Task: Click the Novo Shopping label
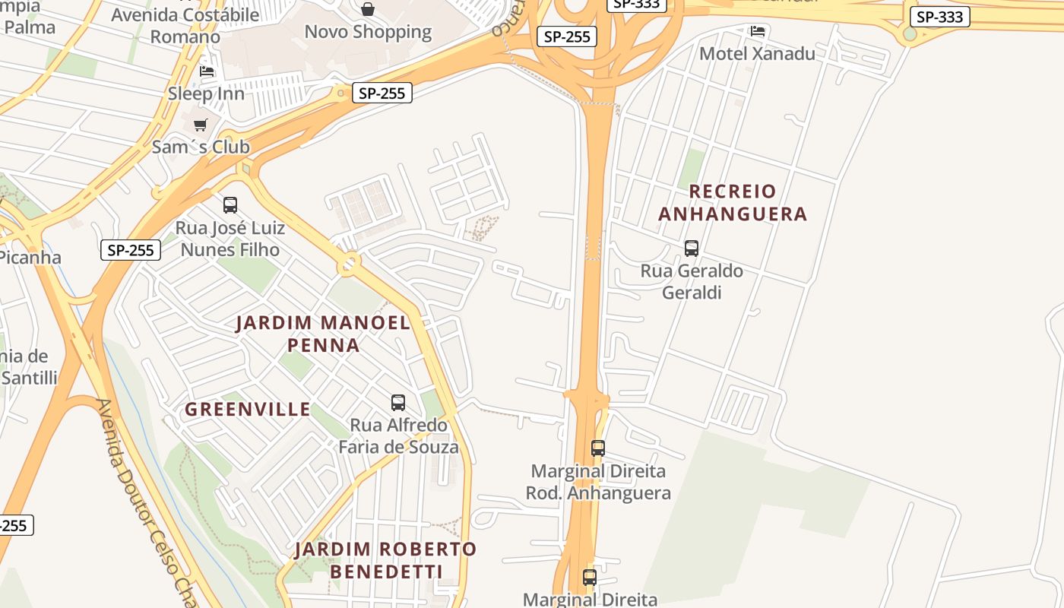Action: pos(368,32)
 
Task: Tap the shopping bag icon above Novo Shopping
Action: pos(368,9)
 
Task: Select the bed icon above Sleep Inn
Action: pos(206,72)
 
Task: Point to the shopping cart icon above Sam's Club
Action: pos(200,125)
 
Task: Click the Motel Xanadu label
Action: pos(756,54)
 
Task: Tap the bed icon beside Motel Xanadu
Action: pos(758,31)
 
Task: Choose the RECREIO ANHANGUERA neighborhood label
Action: pos(733,203)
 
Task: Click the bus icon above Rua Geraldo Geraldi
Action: pos(691,249)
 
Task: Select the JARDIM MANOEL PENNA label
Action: pos(323,334)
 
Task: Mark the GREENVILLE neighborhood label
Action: pos(248,410)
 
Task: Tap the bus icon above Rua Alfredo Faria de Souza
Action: pos(397,403)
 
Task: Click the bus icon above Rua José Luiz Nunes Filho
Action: pos(230,205)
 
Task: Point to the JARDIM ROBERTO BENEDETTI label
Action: pos(385,560)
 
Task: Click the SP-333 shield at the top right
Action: pos(939,17)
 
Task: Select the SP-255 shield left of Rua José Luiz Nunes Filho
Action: pos(131,250)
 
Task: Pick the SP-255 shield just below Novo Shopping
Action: pos(382,93)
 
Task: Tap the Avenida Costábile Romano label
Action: pos(185,25)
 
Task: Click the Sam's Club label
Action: pos(201,147)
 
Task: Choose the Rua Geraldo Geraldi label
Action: pos(691,282)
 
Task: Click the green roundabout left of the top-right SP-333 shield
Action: pos(910,33)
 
